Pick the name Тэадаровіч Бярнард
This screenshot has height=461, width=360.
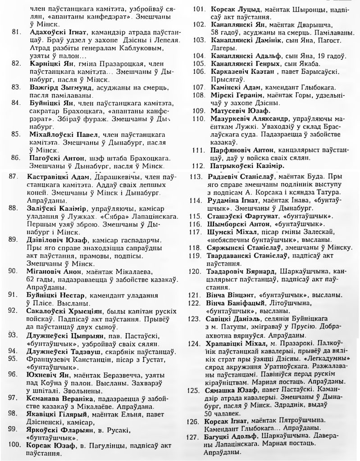click(243, 272)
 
